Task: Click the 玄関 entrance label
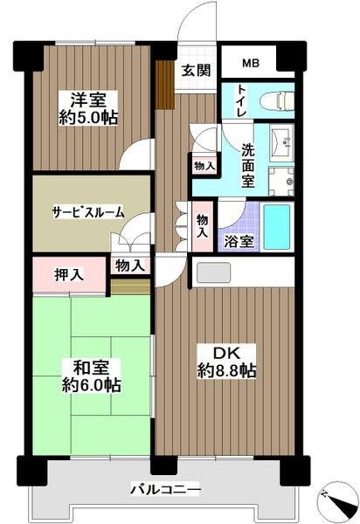click(x=197, y=72)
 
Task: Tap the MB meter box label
click(x=251, y=64)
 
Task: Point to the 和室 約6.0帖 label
click(x=90, y=375)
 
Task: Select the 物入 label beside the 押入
click(x=129, y=265)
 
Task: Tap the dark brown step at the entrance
click(x=163, y=82)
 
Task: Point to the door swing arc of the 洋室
click(x=136, y=155)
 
